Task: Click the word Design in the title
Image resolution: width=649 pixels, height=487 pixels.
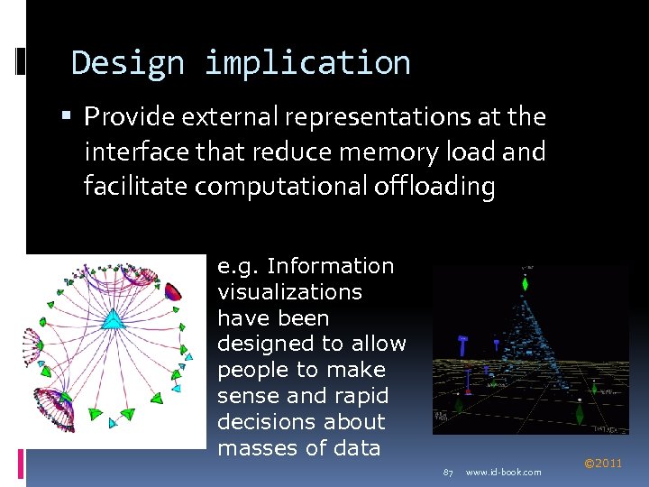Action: (126, 63)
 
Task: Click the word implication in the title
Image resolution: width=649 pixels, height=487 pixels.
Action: (307, 63)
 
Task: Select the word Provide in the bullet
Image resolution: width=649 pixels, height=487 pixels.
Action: (130, 117)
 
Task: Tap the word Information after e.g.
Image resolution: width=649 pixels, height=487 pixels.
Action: (331, 266)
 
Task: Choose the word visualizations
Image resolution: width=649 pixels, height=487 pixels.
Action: (289, 292)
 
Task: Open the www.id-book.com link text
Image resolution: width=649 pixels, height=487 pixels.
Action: (504, 473)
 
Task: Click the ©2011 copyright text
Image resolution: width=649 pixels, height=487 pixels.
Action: (603, 464)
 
